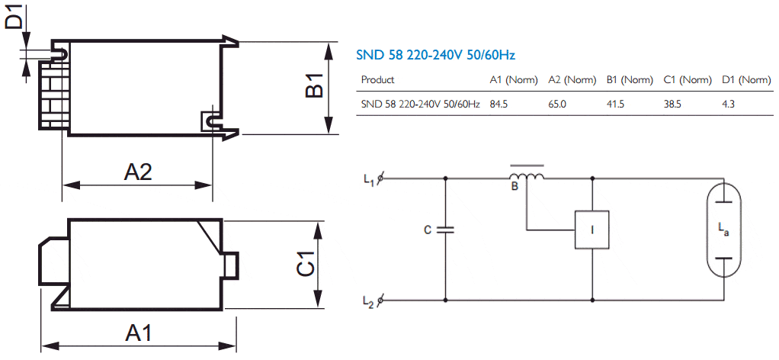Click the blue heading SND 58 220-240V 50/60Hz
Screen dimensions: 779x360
436,55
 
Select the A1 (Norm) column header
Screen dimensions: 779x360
514,79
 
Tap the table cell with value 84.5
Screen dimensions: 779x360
498,104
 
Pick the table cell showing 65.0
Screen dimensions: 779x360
557,104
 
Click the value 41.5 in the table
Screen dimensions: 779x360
616,104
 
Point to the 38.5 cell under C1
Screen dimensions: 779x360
672,104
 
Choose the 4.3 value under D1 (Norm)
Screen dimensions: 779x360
728,104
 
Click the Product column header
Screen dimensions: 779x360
377,79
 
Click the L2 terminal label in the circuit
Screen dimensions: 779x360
368,301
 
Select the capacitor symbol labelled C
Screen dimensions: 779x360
445,230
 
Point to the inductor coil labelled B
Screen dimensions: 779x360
526,175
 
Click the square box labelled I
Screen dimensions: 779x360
591,230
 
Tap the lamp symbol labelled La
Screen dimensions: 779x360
723,230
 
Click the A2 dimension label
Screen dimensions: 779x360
138,172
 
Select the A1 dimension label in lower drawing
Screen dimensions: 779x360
138,333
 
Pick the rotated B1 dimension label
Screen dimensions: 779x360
315,85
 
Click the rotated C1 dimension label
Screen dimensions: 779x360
306,264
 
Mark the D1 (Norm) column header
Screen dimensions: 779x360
746,79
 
